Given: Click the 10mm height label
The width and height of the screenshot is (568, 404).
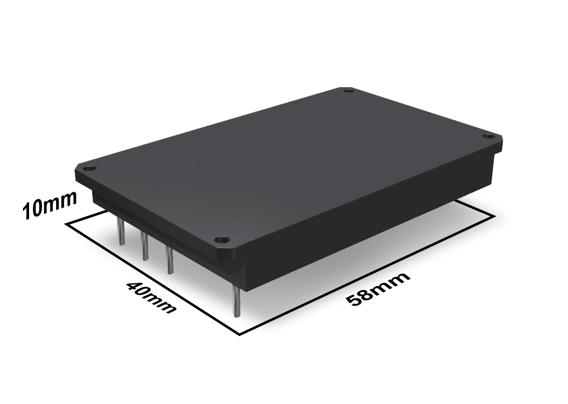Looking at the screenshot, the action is click(50, 205).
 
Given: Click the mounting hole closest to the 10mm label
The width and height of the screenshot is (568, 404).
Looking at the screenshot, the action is click(88, 169).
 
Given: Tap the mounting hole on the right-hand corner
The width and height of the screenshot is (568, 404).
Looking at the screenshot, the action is click(489, 136).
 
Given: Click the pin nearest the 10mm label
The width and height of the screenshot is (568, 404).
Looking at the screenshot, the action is click(121, 230).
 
